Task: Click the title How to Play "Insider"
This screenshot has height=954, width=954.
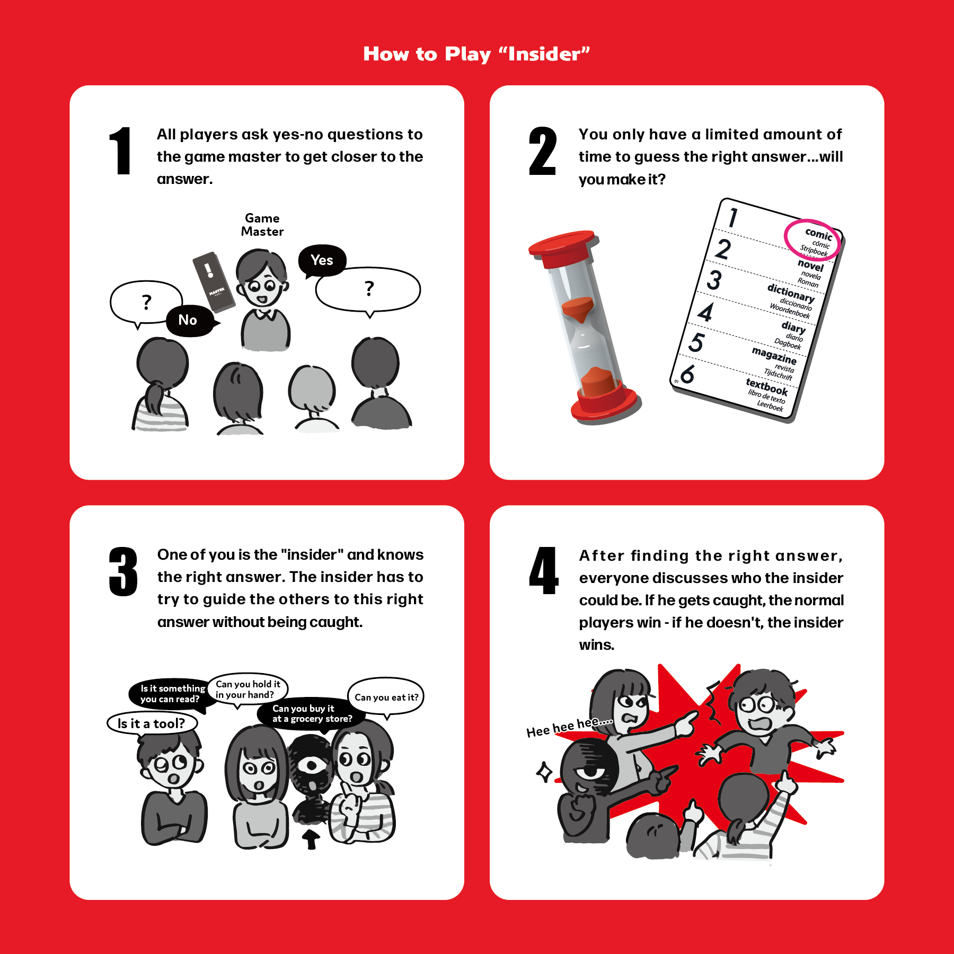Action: (476, 54)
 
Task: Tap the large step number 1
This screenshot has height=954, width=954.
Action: (121, 151)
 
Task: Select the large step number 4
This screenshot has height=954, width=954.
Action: (544, 571)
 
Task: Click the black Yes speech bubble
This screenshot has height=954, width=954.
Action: (322, 261)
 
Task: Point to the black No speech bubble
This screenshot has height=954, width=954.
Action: (190, 320)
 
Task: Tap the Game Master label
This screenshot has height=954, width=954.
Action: (262, 225)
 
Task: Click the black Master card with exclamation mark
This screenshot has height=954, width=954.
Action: (214, 281)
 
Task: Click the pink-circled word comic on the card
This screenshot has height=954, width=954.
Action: (818, 234)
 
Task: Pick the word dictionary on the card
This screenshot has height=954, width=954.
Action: (791, 293)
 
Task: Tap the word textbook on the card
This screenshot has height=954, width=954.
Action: (767, 387)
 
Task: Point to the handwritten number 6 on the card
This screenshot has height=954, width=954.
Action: (687, 374)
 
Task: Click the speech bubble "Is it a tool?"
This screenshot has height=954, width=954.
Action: (152, 723)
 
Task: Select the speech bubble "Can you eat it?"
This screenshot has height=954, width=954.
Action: (386, 697)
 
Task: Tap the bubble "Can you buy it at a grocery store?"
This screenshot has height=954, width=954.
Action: (312, 713)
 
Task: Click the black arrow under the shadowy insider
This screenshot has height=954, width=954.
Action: (311, 839)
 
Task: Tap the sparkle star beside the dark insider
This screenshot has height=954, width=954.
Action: (544, 772)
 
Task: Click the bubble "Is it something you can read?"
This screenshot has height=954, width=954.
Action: (171, 694)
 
